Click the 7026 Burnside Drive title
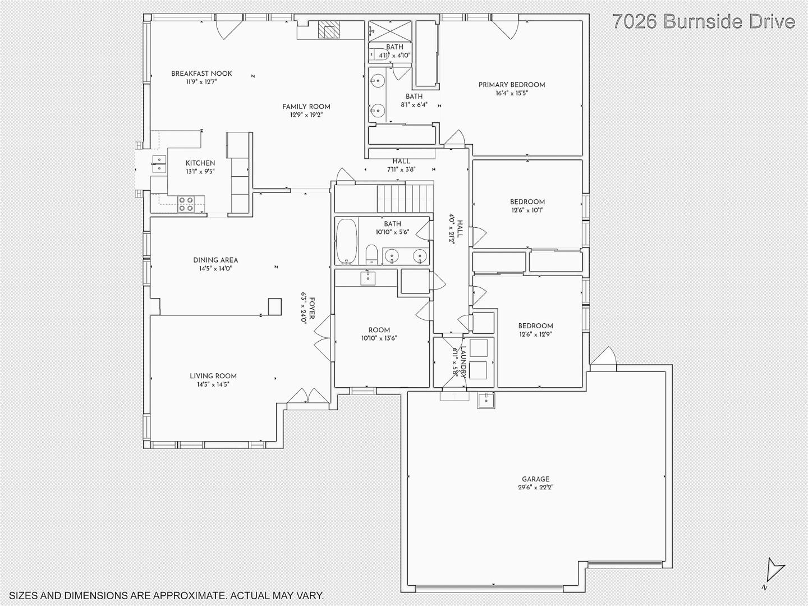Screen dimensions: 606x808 (x=704, y=21)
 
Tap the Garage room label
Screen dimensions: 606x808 (x=535, y=479)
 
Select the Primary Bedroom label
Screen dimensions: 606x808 (x=512, y=85)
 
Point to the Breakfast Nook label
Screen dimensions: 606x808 (x=201, y=74)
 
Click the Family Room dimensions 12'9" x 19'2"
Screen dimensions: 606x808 (x=306, y=115)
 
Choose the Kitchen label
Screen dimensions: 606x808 (x=200, y=163)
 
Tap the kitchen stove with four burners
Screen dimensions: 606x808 (x=186, y=204)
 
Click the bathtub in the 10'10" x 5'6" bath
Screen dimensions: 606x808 (x=347, y=241)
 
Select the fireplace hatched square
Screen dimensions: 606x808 (x=329, y=30)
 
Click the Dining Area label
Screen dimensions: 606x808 (x=215, y=260)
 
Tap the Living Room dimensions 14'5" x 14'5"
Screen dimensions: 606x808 (x=213, y=384)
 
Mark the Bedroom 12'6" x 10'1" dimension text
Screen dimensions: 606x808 (x=527, y=210)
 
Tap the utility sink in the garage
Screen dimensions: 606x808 (x=485, y=400)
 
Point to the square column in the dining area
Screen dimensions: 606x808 (x=274, y=306)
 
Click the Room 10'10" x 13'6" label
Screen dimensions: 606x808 (x=379, y=330)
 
